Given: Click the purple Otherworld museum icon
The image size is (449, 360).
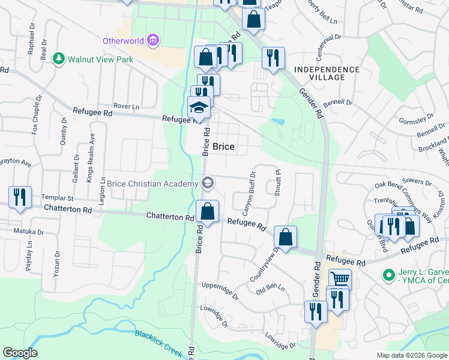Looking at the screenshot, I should click(x=153, y=41).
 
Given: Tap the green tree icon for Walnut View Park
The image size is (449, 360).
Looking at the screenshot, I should click(x=59, y=59).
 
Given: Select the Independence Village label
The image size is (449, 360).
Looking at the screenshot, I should click(x=327, y=73).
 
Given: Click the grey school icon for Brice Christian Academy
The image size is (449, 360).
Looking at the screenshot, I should click(x=208, y=183).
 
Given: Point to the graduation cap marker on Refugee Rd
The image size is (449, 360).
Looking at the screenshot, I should click(x=199, y=107).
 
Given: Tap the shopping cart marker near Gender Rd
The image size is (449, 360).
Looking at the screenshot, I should click(x=340, y=278).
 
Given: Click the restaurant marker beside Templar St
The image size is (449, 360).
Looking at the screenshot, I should click(x=20, y=197).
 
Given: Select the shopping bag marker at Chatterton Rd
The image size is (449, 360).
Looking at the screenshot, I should click(x=207, y=211).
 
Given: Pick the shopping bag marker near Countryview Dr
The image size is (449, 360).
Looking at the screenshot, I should click(x=286, y=236).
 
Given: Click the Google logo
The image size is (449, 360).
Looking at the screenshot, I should click(x=20, y=353).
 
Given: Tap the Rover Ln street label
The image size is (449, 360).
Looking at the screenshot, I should click(x=126, y=106).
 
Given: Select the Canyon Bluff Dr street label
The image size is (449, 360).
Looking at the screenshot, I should click(x=249, y=193).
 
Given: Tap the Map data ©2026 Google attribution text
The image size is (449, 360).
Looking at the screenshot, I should click(x=411, y=355).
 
